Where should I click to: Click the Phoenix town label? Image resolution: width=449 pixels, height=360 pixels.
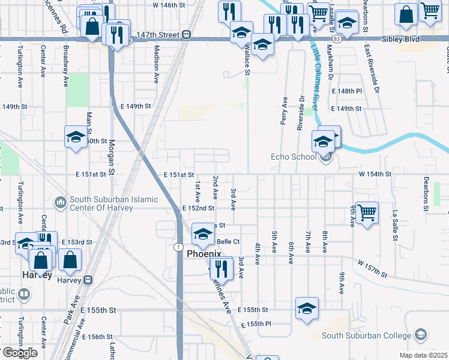pos(204,253)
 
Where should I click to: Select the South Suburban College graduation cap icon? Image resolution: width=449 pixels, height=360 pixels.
pos(421,335)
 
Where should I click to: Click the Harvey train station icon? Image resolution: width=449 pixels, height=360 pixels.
pos(88,280)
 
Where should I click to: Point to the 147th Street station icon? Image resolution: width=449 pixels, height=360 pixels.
pos(187,35)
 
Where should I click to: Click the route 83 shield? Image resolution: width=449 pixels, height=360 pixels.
pos(336,38)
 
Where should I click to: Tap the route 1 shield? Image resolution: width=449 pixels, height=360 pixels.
pos(178,247)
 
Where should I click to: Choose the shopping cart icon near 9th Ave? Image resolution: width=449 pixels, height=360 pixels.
pos(367,212)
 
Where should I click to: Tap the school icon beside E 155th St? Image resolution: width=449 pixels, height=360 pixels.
pos(307,309)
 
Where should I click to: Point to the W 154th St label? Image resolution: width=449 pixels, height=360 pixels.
pos(375,173)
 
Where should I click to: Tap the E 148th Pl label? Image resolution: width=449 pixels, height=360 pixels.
pos(347,91)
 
